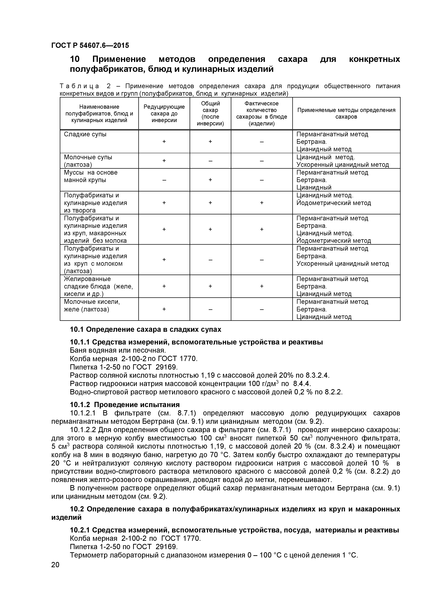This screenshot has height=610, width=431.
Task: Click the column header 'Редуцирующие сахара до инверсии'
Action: [x=164, y=113]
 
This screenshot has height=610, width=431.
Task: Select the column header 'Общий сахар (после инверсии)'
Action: [x=210, y=113]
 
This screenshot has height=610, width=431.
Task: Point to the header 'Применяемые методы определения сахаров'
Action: [x=346, y=113]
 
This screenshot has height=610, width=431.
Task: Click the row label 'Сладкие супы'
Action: [x=85, y=134]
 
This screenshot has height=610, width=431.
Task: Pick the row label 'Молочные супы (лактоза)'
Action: [x=88, y=161]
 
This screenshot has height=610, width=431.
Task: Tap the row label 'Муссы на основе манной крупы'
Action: [x=90, y=176]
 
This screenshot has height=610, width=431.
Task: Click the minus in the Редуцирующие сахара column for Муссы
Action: [x=164, y=180]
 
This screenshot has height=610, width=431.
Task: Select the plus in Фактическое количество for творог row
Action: [x=262, y=203]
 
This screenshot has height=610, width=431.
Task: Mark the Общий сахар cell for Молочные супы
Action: [x=210, y=161]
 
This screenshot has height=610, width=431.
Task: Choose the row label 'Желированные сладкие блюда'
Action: [x=98, y=286]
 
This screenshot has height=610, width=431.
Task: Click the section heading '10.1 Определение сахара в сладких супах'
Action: [x=145, y=330]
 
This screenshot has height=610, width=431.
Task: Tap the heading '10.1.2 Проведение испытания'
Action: [x=125, y=405]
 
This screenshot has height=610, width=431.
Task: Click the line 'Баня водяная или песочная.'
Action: [x=118, y=350]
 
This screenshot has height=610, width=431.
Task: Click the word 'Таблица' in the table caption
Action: [x=79, y=86]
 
